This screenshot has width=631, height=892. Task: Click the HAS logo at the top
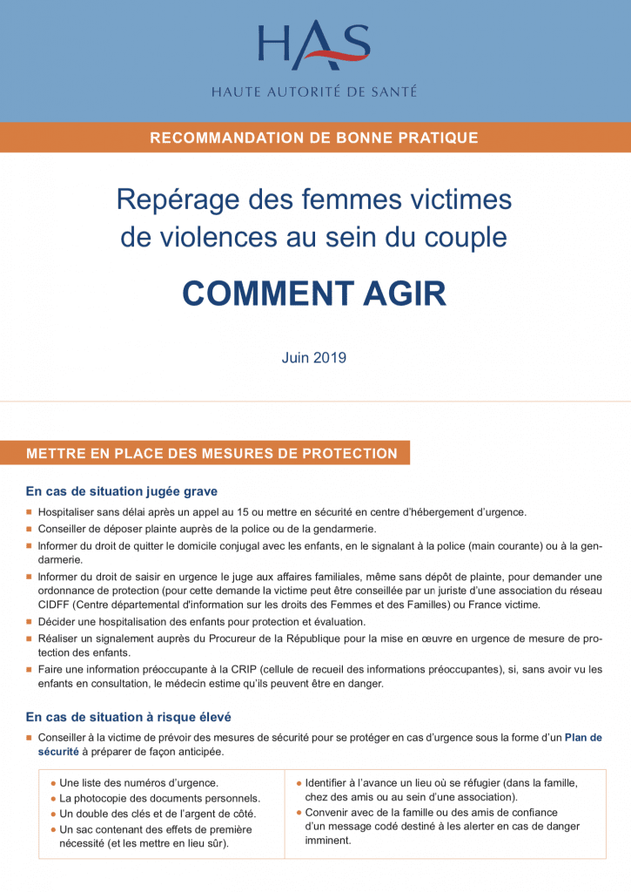coord(313,48)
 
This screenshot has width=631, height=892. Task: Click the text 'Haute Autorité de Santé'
coord(314,91)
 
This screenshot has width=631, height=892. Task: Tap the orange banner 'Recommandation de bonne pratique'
coord(314,138)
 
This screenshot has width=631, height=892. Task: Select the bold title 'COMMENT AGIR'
coord(314,294)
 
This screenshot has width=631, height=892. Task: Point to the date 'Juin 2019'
coord(314,357)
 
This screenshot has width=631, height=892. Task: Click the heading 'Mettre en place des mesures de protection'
coord(211,454)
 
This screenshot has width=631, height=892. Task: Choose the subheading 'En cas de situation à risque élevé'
coord(128,717)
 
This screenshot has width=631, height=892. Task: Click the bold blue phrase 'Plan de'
coord(583,737)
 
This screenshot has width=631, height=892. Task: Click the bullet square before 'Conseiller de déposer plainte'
coord(30,529)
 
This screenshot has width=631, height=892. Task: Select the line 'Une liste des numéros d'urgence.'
coord(138,783)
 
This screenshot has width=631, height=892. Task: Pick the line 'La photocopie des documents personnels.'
coord(159,798)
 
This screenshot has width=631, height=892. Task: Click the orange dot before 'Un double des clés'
coord(53,813)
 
